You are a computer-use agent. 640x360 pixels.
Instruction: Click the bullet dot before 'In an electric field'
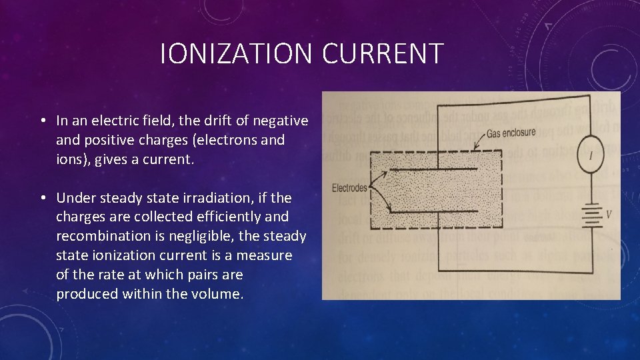(x=42, y=121)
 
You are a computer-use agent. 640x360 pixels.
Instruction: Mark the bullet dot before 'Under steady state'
(x=42, y=199)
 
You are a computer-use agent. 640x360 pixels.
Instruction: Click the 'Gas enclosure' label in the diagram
(x=511, y=133)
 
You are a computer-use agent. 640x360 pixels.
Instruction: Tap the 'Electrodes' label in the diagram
(x=349, y=188)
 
